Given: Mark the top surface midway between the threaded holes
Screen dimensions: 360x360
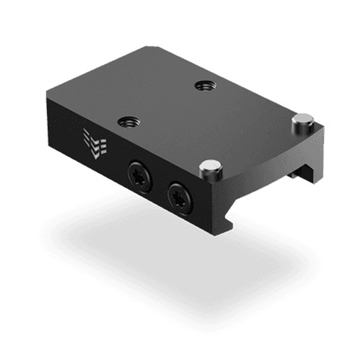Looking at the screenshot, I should point(166,104).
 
